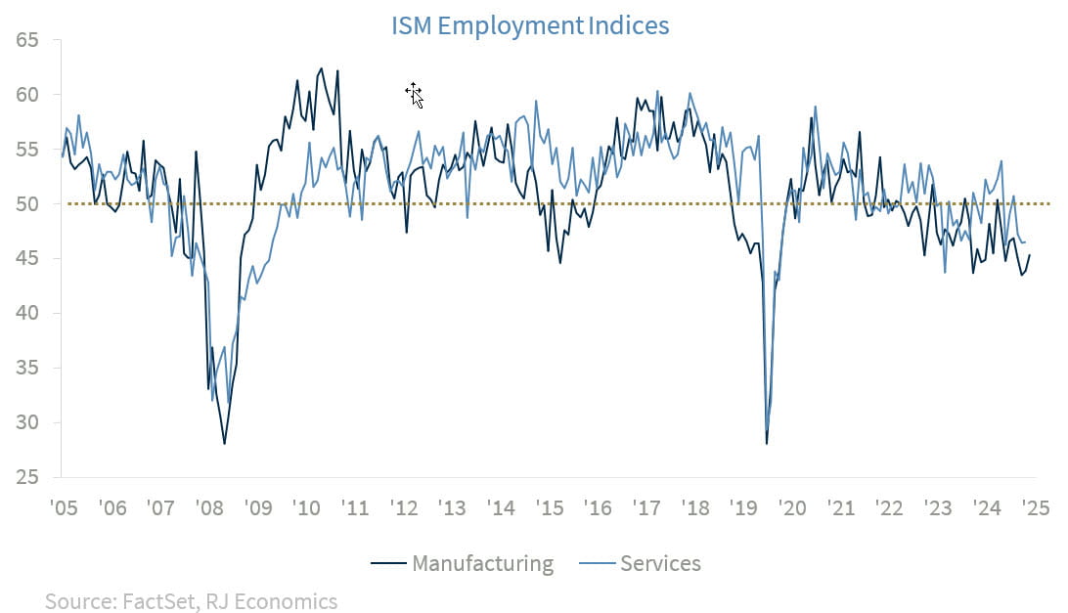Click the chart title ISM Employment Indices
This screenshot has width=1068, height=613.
click(x=530, y=25)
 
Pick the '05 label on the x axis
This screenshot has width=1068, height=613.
click(x=64, y=509)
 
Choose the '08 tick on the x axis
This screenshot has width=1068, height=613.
click(x=208, y=509)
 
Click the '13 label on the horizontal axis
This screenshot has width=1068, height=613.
click(x=452, y=509)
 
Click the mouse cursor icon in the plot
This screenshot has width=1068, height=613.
click(x=414, y=94)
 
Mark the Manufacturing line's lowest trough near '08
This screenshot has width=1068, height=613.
click(x=225, y=444)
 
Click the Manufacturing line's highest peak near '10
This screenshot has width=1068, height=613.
click(x=321, y=68)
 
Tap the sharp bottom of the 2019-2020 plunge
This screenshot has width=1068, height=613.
click(x=767, y=444)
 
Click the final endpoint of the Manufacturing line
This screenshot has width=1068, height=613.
click(x=1030, y=255)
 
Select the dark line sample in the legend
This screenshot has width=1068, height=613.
click(x=388, y=564)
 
